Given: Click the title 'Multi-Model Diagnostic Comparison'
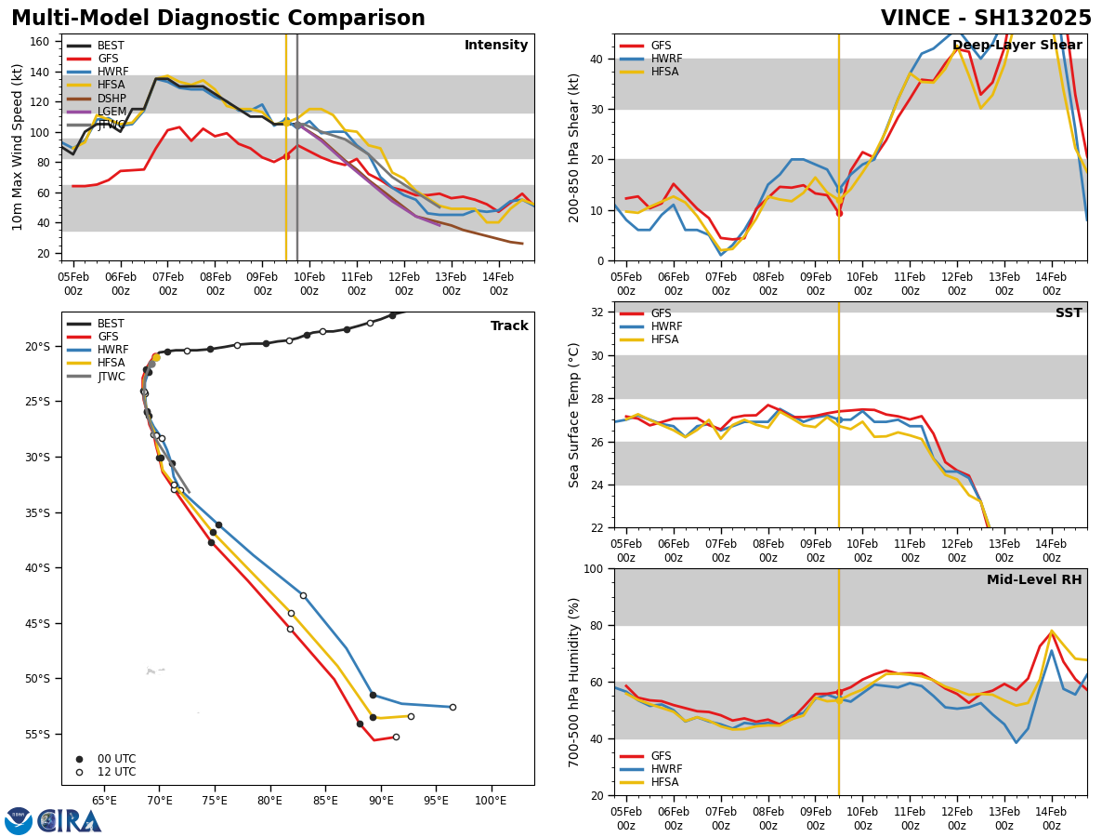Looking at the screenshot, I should [218, 19].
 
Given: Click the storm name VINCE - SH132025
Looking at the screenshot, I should [986, 19].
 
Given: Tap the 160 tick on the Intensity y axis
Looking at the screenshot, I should [40, 42].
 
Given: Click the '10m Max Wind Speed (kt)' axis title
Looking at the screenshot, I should [18, 147].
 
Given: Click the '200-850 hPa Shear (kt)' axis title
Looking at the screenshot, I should [574, 147].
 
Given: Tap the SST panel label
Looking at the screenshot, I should [1069, 313].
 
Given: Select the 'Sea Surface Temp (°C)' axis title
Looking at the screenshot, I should [574, 415].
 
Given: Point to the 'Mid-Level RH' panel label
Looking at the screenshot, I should [1034, 580].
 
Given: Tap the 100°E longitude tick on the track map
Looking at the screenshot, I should [491, 800].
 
